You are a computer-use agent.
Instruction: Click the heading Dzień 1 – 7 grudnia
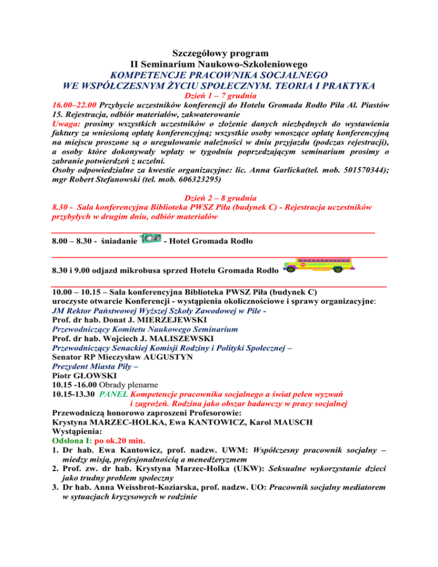(219, 96)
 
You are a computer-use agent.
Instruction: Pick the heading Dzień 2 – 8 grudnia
(220, 197)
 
